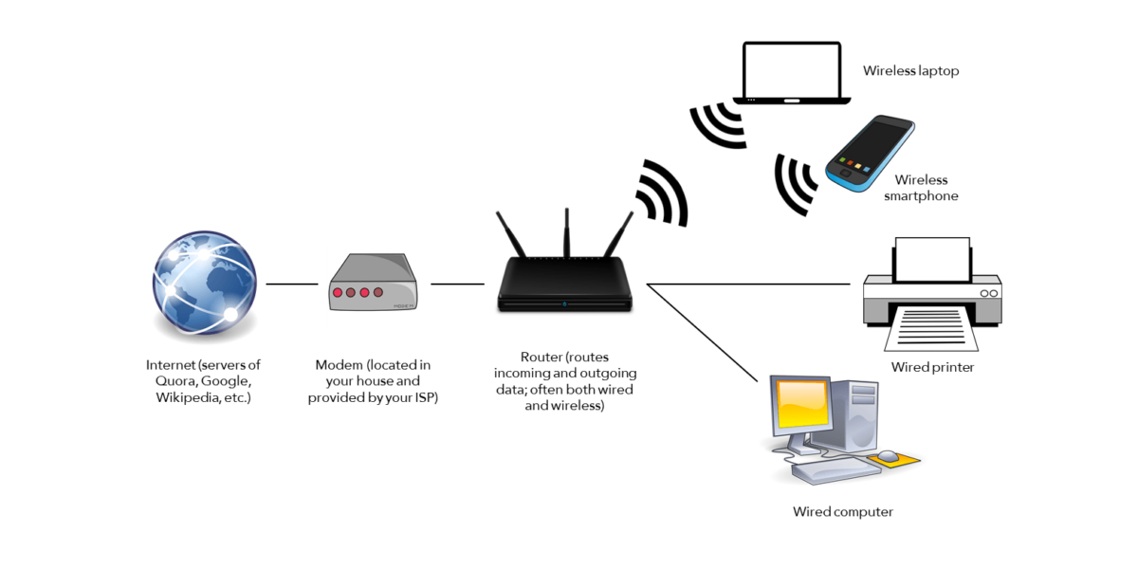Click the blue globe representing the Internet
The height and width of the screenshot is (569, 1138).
click(205, 283)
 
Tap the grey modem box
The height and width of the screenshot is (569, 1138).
click(374, 282)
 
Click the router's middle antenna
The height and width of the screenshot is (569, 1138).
click(566, 232)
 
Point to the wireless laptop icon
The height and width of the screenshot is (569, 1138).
click(792, 73)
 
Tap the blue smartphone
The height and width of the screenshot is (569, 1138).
click(870, 153)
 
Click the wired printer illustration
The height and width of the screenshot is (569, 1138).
click(933, 294)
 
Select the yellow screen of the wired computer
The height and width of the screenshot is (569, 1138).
click(802, 404)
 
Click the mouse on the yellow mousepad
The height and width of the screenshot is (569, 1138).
click(889, 456)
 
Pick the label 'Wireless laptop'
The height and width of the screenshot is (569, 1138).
click(911, 70)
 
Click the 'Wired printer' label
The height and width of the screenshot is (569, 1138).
click(933, 367)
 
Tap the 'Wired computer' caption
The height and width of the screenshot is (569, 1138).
click(843, 511)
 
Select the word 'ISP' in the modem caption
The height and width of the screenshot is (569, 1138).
click(425, 397)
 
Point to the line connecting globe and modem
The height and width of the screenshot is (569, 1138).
click(292, 284)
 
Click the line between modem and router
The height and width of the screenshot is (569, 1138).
click(457, 284)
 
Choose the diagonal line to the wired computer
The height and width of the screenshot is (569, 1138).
click(702, 333)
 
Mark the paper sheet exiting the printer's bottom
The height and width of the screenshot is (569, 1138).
click(931, 328)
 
